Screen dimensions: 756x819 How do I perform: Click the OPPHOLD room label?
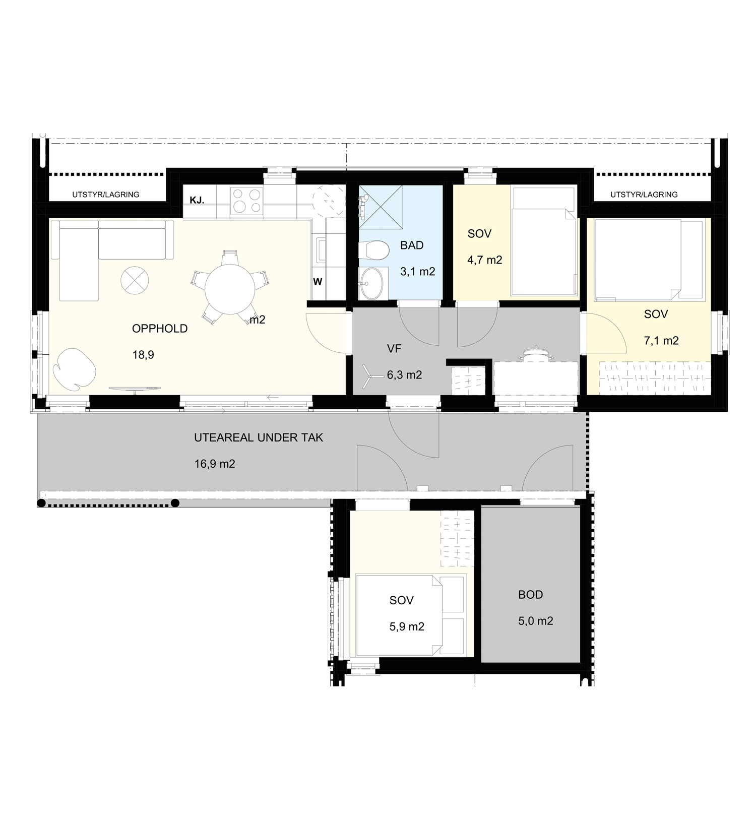coord(160,329)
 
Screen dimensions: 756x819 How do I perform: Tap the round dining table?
coord(229,289)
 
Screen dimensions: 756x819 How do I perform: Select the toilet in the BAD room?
coord(373,249)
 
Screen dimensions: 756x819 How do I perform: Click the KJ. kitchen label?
coord(197,200)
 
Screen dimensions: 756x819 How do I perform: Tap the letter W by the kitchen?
coord(318,282)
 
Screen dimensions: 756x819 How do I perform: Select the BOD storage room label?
coord(531,595)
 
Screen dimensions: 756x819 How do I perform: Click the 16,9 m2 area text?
coord(215,464)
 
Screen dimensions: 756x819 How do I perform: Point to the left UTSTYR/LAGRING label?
coord(106,195)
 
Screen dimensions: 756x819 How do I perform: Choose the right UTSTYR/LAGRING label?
coord(644,195)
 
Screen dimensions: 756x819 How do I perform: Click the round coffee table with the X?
coord(135,280)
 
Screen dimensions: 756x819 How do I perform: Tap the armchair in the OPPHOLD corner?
coord(75,368)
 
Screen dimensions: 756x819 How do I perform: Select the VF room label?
coord(394,348)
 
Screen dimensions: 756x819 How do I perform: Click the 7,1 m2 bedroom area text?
coord(661,341)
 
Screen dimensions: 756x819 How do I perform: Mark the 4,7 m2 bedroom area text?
coord(485,260)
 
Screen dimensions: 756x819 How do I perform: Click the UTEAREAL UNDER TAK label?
coord(259,437)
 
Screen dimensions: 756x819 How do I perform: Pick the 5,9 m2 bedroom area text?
coord(407,626)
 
